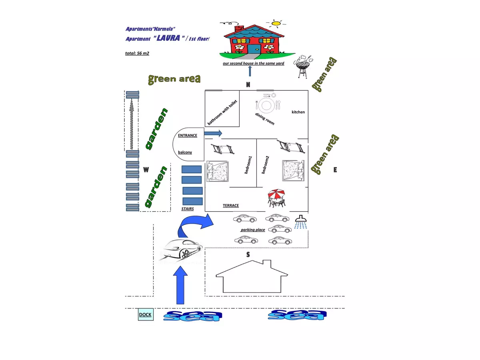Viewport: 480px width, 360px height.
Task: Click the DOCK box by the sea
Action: [145, 314]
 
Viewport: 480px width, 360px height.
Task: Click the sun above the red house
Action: [276, 23]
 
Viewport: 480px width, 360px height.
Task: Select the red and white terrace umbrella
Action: [276, 195]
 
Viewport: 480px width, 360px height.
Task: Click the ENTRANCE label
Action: [188, 135]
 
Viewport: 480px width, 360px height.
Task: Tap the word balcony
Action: [185, 152]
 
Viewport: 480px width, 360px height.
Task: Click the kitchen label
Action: [298, 112]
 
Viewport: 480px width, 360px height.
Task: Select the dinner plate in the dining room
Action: [266, 105]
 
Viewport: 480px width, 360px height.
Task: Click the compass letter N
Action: [248, 84]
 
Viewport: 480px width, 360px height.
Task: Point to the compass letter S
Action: [248, 254]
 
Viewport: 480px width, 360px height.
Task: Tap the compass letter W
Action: [146, 170]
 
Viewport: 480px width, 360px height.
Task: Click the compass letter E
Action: [335, 170]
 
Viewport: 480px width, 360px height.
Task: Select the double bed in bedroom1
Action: [218, 172]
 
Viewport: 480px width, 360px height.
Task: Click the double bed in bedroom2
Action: [294, 170]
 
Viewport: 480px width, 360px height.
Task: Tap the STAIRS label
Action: [187, 209]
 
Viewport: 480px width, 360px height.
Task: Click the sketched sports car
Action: [180, 250]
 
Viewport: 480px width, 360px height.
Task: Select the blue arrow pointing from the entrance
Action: [213, 133]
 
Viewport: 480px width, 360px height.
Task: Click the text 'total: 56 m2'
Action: [137, 53]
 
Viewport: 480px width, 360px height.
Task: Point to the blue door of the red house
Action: [254, 49]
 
